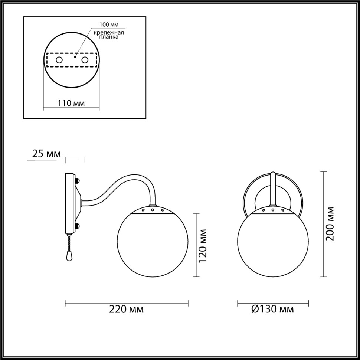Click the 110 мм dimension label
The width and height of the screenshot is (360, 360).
point(71,103)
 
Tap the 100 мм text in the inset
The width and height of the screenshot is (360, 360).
point(108,25)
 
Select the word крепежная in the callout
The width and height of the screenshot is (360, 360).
point(108,33)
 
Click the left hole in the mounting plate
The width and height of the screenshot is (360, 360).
point(59,60)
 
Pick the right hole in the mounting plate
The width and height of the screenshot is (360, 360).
point(85,60)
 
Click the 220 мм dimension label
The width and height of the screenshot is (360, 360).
point(126,309)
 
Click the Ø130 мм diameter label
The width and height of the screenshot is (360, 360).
point(272,309)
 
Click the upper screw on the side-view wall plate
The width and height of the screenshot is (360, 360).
point(78,180)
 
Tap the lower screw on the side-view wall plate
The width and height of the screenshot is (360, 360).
point(78,225)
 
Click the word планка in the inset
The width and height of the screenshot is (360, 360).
point(108,37)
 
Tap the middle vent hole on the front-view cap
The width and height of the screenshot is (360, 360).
point(273,210)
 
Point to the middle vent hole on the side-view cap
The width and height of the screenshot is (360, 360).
point(153,210)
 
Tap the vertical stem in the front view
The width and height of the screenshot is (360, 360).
point(273,189)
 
